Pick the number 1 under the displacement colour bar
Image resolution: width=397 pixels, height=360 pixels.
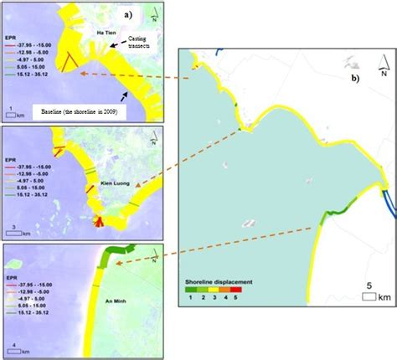[192, 299]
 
